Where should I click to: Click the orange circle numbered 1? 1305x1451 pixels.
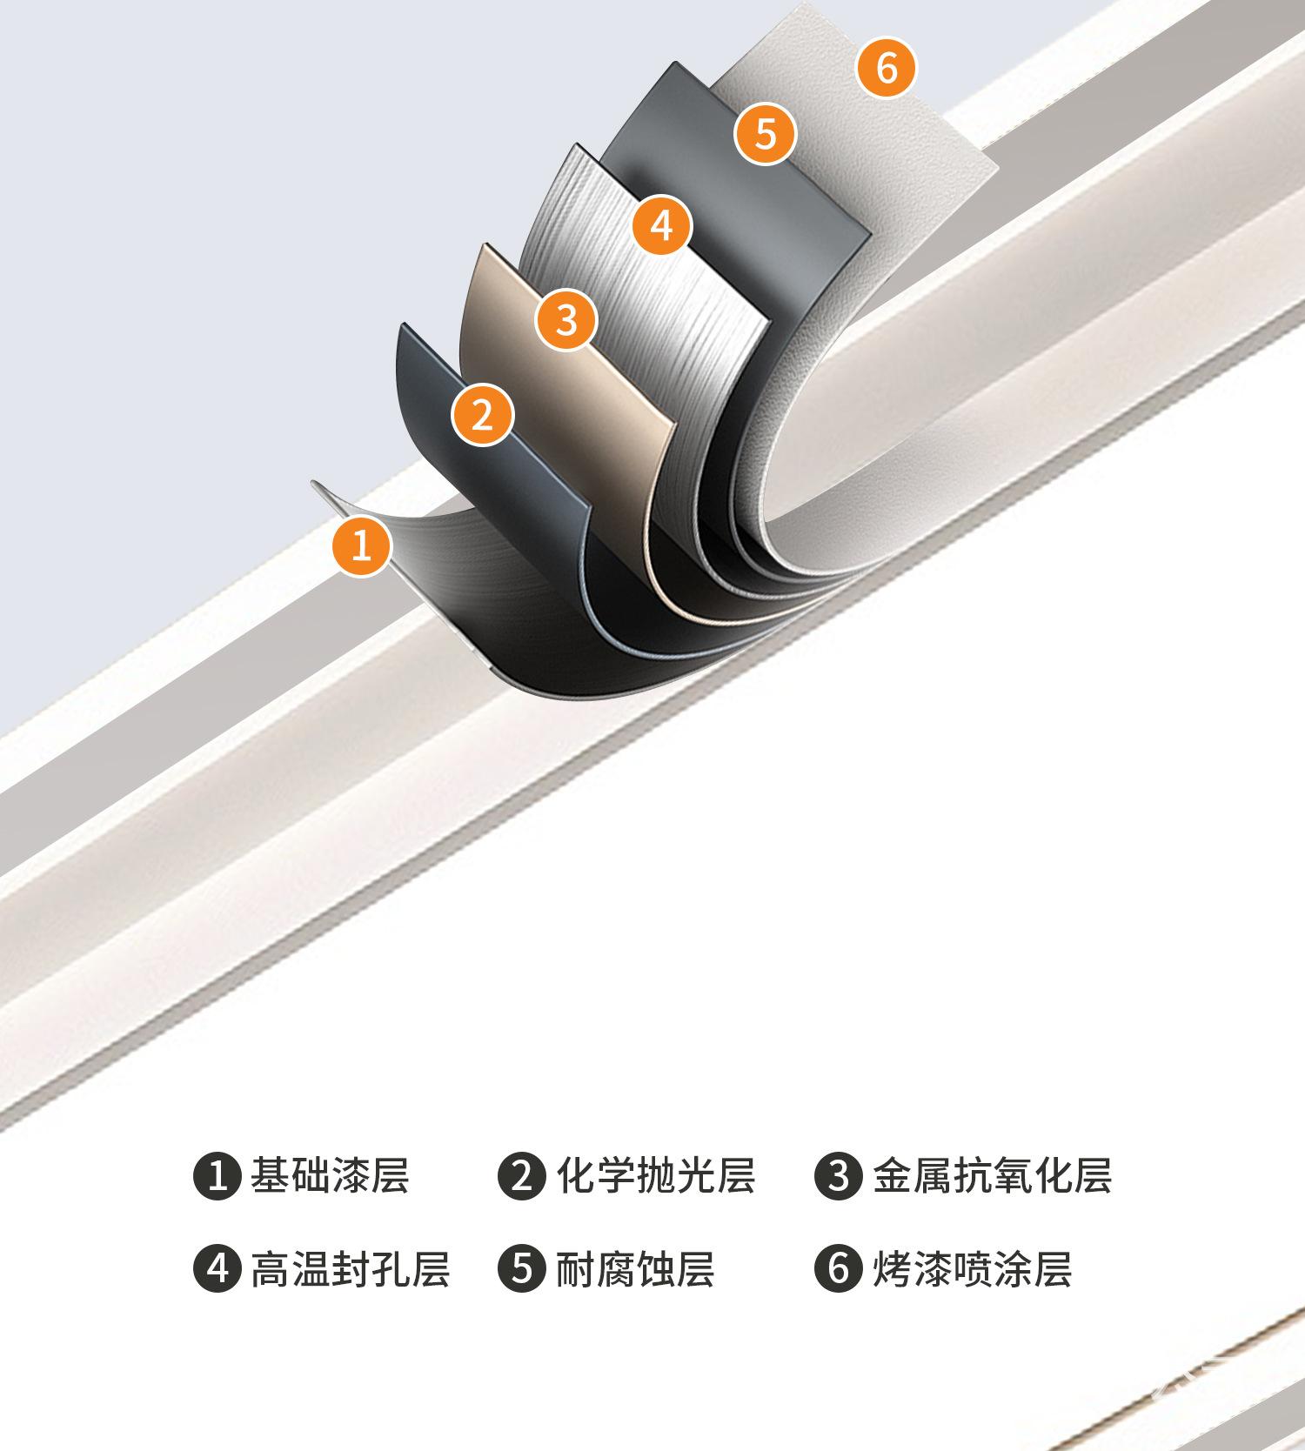tap(362, 545)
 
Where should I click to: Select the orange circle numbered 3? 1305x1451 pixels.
tap(566, 319)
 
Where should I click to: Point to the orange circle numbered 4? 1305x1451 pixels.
tap(662, 226)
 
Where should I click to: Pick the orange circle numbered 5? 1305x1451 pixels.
tap(766, 134)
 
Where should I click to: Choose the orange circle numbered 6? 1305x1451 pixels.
tap(887, 67)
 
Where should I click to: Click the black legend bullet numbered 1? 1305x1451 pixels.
tap(217, 1176)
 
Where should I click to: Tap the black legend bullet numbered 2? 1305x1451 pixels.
tap(521, 1176)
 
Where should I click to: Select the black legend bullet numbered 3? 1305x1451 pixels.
tap(838, 1176)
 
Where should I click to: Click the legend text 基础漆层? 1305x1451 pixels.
tap(330, 1176)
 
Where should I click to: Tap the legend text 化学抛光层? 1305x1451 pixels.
tap(655, 1176)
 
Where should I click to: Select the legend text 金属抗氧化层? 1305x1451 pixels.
tap(992, 1176)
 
